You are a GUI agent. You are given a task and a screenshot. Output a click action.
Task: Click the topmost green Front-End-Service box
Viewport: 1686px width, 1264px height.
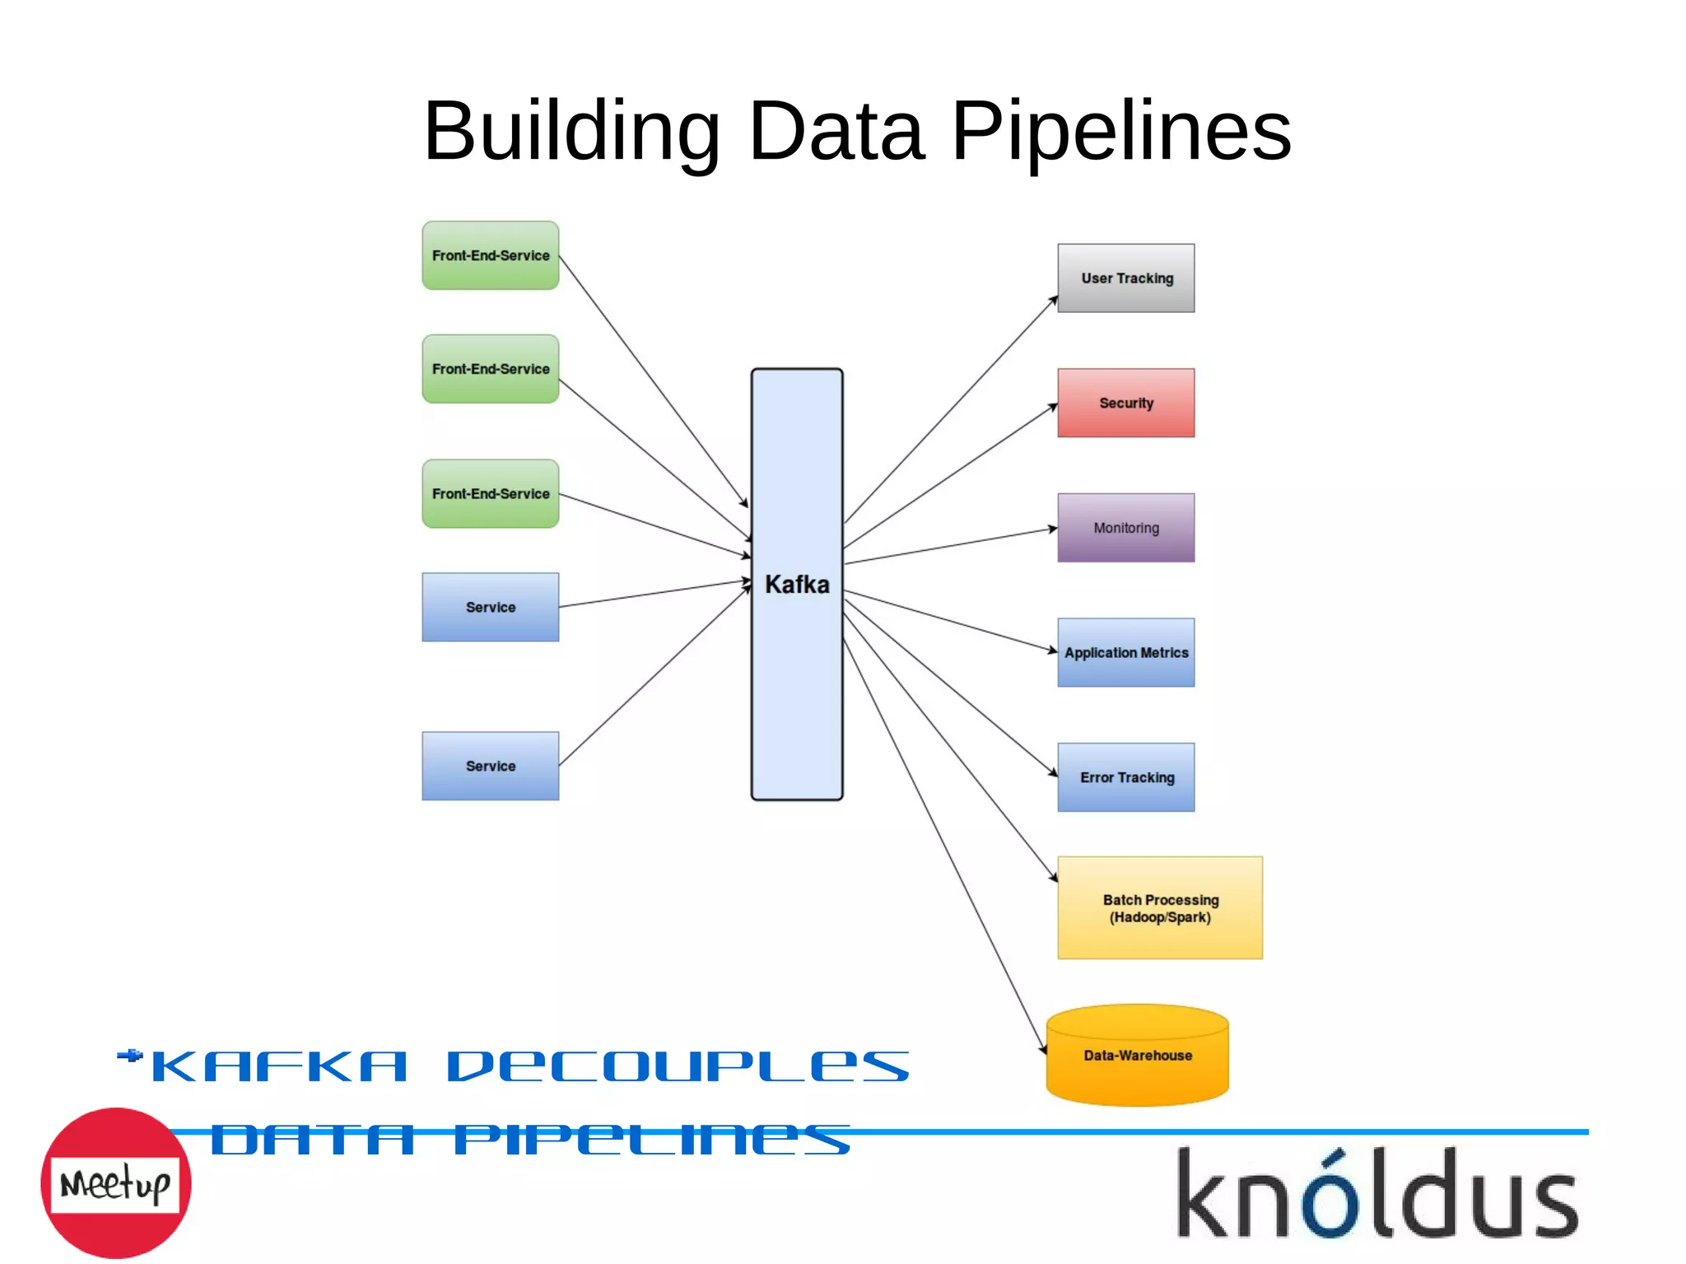[490, 255]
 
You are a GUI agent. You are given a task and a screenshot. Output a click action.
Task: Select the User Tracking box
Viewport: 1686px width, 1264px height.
[1125, 278]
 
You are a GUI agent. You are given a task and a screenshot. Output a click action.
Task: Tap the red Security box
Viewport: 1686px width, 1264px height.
[1125, 403]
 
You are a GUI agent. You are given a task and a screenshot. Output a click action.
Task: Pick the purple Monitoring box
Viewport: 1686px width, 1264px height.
[1125, 528]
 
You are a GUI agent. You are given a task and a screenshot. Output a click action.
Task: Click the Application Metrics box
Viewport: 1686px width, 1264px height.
[1125, 652]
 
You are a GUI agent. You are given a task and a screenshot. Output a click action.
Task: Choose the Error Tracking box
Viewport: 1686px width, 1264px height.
[1125, 777]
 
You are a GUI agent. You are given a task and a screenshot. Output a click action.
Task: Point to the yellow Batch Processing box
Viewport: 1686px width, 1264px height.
[1159, 907]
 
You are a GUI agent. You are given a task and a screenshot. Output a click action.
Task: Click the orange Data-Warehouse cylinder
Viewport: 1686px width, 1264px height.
[1137, 1056]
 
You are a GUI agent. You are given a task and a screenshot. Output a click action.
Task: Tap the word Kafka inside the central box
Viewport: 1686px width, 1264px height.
[796, 585]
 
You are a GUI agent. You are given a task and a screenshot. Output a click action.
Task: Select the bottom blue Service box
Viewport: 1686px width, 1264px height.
[490, 766]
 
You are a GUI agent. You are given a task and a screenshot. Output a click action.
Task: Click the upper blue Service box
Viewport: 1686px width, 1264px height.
[490, 607]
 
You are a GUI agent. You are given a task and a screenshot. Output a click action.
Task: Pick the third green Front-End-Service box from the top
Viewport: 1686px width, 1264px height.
[490, 493]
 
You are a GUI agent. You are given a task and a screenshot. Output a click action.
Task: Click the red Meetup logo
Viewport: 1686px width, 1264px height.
[115, 1182]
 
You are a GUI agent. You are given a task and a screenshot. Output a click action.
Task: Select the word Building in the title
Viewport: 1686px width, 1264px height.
[571, 132]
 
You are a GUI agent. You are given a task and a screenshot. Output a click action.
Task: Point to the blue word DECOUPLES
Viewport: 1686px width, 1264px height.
[678, 1067]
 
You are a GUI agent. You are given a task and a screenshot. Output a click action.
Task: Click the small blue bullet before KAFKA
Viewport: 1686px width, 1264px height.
[130, 1056]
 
